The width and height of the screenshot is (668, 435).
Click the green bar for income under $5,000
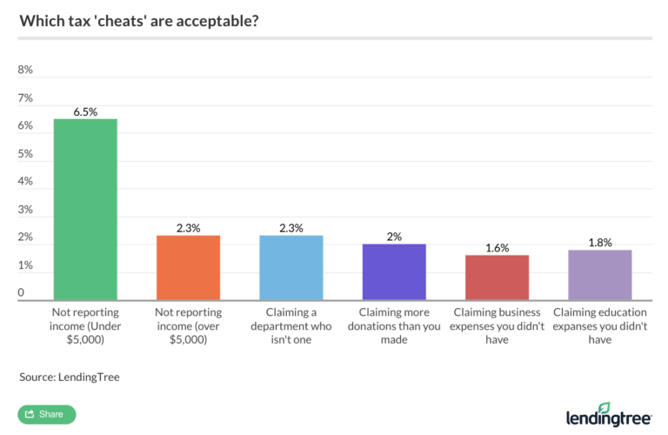(x=85, y=210)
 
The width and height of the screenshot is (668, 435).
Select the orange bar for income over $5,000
(x=187, y=268)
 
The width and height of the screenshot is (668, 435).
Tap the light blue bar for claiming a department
(x=291, y=268)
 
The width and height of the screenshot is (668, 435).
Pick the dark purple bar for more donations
(x=394, y=272)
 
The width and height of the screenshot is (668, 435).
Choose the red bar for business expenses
(x=497, y=278)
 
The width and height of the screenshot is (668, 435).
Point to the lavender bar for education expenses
(x=600, y=275)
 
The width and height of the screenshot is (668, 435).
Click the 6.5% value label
(x=85, y=110)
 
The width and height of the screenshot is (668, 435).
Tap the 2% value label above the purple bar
(x=394, y=236)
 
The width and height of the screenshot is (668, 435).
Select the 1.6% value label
(x=497, y=247)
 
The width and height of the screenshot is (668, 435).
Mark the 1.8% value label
(x=600, y=242)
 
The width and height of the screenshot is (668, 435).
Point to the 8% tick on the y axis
(x=25, y=70)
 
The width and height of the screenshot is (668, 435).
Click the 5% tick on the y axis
(x=25, y=154)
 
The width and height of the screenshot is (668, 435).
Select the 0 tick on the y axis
(x=22, y=293)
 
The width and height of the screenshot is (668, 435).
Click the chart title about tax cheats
(x=139, y=20)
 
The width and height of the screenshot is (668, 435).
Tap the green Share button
(x=47, y=414)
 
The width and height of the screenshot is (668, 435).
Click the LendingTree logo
(x=608, y=414)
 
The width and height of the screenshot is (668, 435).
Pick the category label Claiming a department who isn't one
(x=291, y=325)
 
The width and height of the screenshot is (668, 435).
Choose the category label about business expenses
(x=497, y=325)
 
